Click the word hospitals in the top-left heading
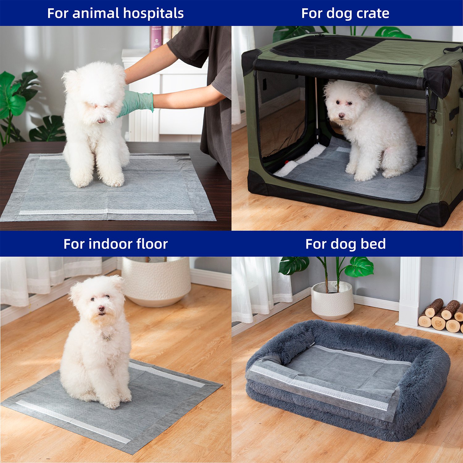(x=153, y=14)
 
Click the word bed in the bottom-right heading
(x=373, y=244)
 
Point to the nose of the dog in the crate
(x=342, y=116)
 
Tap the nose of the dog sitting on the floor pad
(x=101, y=308)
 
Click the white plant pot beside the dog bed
(x=332, y=301)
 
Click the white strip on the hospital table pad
(x=106, y=212)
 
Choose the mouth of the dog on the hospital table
(x=101, y=121)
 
